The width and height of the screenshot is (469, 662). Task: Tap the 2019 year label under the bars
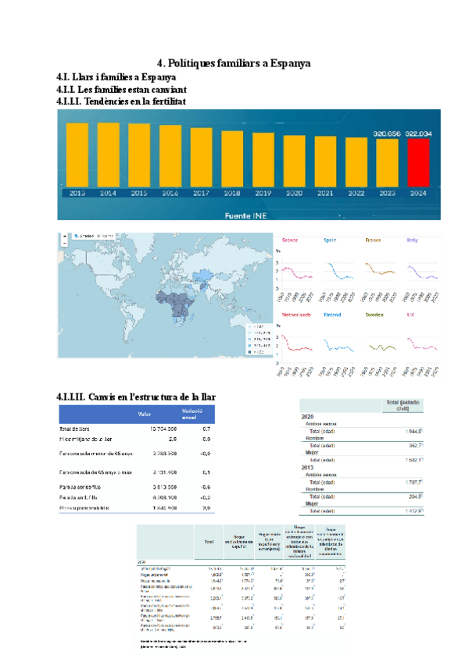click(x=263, y=193)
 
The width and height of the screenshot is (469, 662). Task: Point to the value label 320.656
click(x=387, y=133)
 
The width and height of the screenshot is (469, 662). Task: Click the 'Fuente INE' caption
click(x=248, y=215)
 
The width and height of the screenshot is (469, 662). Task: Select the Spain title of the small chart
click(x=331, y=240)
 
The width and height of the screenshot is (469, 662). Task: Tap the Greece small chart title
click(x=290, y=240)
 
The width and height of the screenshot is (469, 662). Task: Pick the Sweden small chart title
click(x=374, y=315)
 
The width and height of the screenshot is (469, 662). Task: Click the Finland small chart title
click(x=333, y=315)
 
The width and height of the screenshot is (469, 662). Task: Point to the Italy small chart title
click(x=412, y=240)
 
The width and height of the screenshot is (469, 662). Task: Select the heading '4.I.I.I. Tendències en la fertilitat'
click(x=122, y=101)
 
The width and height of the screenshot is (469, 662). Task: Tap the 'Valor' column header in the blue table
click(x=145, y=414)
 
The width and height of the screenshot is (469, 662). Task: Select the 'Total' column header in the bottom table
click(x=209, y=541)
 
